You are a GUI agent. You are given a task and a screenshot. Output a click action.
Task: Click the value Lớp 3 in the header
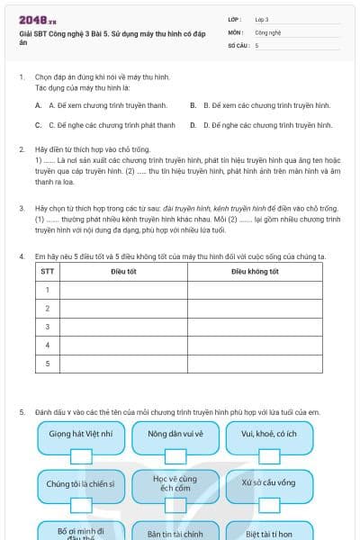[262, 19]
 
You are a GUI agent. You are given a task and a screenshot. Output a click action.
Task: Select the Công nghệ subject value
[267, 31]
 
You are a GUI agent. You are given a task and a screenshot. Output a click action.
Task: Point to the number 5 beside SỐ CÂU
[256, 45]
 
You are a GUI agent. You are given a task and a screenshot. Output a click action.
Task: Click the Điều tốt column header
[123, 271]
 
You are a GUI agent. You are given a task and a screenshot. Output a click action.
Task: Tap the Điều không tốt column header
[254, 271]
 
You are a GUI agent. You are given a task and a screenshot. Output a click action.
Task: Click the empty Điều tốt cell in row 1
[123, 289]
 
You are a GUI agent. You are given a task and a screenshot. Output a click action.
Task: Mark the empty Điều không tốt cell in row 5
[254, 364]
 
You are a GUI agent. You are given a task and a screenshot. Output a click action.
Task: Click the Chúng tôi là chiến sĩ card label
[80, 483]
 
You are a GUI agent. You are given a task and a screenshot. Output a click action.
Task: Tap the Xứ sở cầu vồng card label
[268, 483]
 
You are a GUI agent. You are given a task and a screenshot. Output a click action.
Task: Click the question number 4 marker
[21, 256]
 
